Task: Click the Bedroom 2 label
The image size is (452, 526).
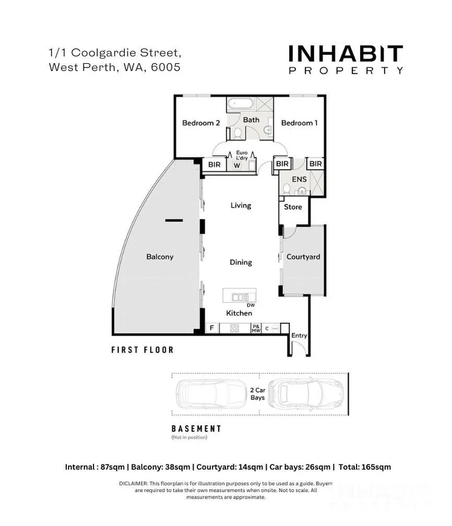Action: (x=201, y=123)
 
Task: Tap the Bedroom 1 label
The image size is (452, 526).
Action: (x=300, y=123)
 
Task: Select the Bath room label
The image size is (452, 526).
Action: (x=251, y=120)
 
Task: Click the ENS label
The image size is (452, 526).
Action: (x=299, y=179)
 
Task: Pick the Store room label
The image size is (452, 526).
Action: (x=293, y=207)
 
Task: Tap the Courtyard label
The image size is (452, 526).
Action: (x=303, y=257)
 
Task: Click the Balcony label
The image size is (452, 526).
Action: (x=160, y=257)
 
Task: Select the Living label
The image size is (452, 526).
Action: (x=241, y=205)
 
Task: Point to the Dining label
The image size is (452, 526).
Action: (x=241, y=262)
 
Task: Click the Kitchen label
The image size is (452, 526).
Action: (x=239, y=313)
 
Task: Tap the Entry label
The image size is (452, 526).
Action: (x=300, y=335)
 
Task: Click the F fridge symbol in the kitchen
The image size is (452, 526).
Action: (x=211, y=329)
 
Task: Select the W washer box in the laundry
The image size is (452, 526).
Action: (x=237, y=165)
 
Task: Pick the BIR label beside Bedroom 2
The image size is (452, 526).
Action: (x=214, y=164)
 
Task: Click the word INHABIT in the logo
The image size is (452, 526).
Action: (x=346, y=54)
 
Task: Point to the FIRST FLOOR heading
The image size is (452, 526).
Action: (x=142, y=350)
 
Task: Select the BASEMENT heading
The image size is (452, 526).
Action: (x=196, y=429)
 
